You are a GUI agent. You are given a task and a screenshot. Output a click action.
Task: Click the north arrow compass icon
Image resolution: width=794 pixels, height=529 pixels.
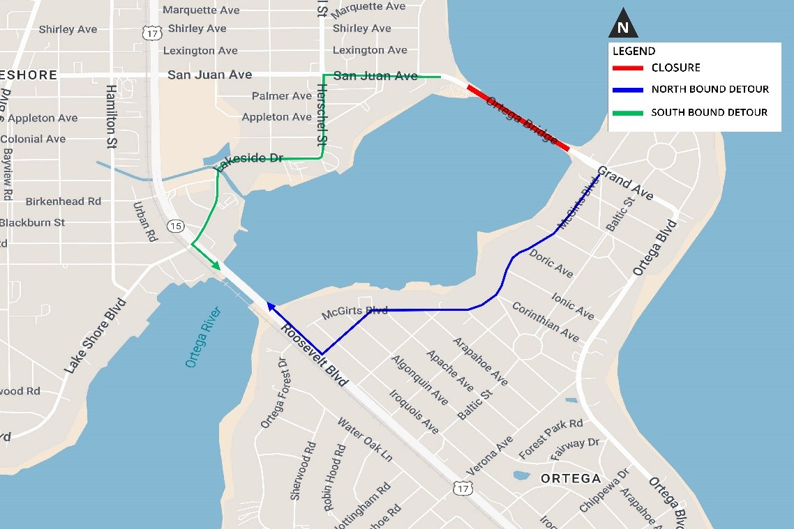click(x=623, y=27)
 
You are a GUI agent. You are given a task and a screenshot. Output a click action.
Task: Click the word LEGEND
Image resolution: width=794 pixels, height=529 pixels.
click(x=634, y=51)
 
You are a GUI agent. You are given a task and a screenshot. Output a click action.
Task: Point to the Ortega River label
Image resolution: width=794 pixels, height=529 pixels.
click(x=203, y=337)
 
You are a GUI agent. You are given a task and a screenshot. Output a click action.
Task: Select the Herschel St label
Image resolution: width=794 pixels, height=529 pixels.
click(x=322, y=115)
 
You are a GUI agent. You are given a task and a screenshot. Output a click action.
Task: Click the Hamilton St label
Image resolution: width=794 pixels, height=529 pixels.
click(x=111, y=116)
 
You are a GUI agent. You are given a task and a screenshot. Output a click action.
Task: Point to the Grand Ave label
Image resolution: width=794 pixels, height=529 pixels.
click(x=625, y=183)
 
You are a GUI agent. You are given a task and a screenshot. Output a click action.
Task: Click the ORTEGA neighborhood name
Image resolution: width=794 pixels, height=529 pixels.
click(x=571, y=478)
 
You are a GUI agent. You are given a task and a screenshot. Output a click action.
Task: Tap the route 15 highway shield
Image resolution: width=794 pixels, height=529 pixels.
click(x=176, y=226)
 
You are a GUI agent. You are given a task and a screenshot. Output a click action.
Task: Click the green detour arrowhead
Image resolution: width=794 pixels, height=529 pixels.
click(x=216, y=266)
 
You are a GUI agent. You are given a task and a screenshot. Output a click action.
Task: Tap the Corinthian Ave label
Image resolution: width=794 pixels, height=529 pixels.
click(x=545, y=321)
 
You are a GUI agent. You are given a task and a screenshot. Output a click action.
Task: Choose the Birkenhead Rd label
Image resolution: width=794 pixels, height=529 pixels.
click(x=63, y=201)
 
